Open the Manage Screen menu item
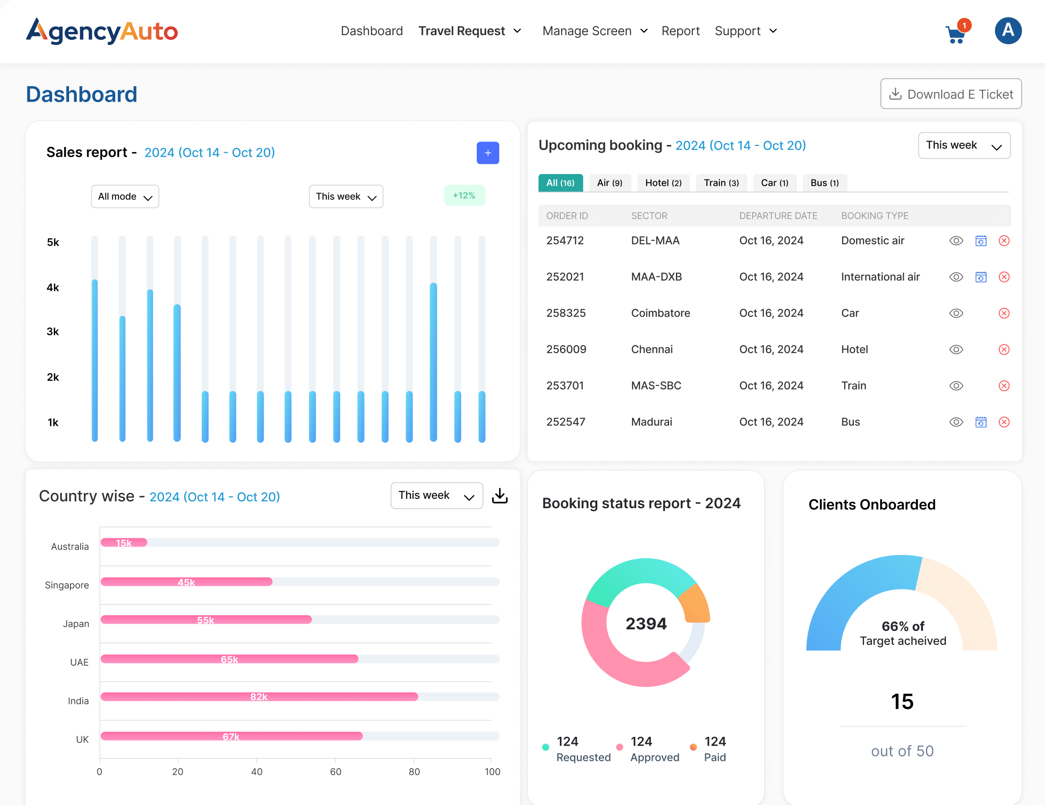click(594, 31)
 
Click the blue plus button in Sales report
click(488, 153)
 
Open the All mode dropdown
click(125, 196)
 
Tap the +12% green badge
click(464, 196)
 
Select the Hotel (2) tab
click(663, 183)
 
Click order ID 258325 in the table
click(566, 313)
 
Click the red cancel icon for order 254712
click(1004, 241)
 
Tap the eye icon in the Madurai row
click(956, 422)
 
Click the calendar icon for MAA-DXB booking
click(981, 277)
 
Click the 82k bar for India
click(259, 697)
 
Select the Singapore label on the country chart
click(67, 585)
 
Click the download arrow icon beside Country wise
click(500, 496)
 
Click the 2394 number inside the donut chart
click(645, 623)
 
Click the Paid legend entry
click(714, 749)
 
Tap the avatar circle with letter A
click(1008, 31)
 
